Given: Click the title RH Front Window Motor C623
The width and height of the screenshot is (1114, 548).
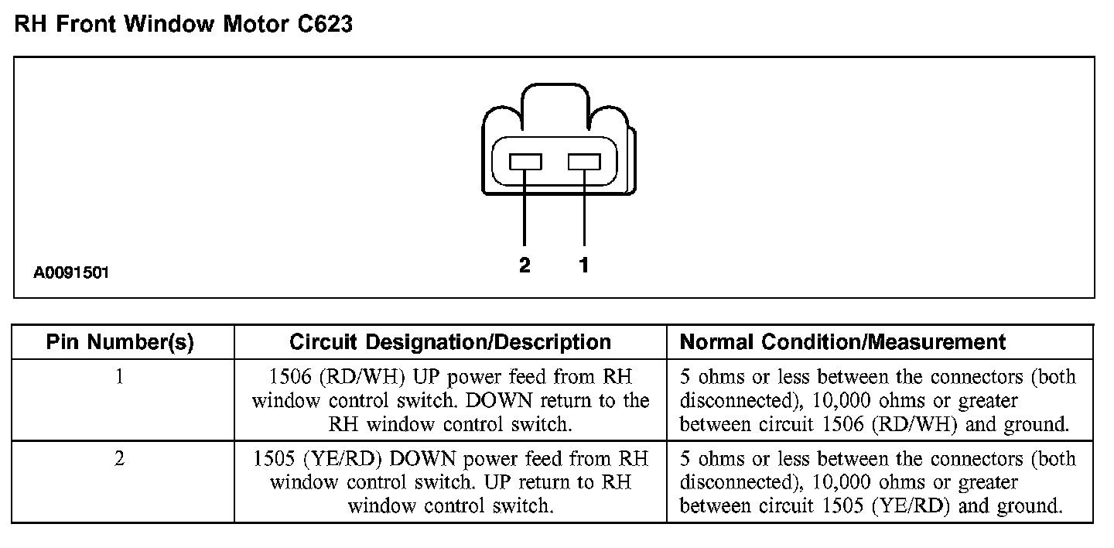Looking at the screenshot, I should coord(183,25).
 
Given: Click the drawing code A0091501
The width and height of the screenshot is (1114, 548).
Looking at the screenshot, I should coord(71,273).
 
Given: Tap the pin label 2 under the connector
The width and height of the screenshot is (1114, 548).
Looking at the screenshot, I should coord(525,265).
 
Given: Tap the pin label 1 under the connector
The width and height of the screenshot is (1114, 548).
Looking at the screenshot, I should coord(584,265).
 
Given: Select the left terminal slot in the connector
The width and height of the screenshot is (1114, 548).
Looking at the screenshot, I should coord(525,162).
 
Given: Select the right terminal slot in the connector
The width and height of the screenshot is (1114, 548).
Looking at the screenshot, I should coord(584,162).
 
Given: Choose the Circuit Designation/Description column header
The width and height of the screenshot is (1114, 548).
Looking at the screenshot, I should coord(450,342).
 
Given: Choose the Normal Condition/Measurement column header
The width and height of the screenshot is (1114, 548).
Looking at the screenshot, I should coord(842,342).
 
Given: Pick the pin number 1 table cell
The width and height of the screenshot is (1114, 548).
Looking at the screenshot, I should coord(120,378).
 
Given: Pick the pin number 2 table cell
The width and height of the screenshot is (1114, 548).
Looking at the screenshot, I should coord(120,459).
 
